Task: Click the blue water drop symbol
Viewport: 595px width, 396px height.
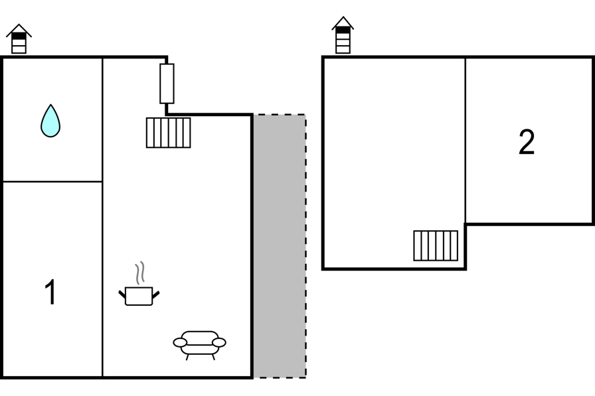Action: (x=50, y=121)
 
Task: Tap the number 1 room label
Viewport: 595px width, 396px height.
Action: (x=50, y=291)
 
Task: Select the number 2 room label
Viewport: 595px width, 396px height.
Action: (x=527, y=142)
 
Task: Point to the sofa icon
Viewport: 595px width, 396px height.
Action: (x=200, y=345)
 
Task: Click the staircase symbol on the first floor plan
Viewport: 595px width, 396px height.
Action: (x=169, y=133)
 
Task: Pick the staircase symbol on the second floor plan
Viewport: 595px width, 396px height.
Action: (x=436, y=245)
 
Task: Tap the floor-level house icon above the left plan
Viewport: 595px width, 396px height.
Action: (x=19, y=38)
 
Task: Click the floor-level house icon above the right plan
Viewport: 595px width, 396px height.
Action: (x=343, y=35)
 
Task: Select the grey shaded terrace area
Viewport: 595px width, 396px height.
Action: (x=280, y=246)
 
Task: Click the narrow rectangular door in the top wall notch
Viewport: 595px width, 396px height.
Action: (x=167, y=84)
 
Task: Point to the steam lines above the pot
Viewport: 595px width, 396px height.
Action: (x=140, y=273)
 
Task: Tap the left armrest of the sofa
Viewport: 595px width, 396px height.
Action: (x=180, y=342)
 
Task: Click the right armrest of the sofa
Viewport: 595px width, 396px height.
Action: (x=219, y=342)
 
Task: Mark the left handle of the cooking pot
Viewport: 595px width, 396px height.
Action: (x=122, y=294)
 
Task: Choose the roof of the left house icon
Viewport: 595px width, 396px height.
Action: (x=19, y=30)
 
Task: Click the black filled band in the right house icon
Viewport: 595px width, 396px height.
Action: (x=343, y=30)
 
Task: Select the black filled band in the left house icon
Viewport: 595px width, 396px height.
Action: (x=19, y=36)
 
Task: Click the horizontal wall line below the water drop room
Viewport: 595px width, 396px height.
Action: (x=52, y=182)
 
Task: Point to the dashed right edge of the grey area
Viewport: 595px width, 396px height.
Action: (x=306, y=246)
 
